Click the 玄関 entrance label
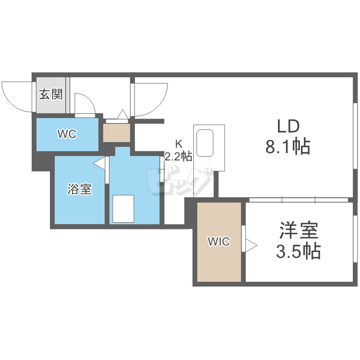51,94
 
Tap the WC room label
67,134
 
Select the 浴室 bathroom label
79,190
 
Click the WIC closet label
218,242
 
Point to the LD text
288,127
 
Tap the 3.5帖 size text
299,251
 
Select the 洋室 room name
299,231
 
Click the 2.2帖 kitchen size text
179,156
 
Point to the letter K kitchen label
179,144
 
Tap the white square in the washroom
123,208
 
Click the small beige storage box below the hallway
117,132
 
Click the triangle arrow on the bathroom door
100,164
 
